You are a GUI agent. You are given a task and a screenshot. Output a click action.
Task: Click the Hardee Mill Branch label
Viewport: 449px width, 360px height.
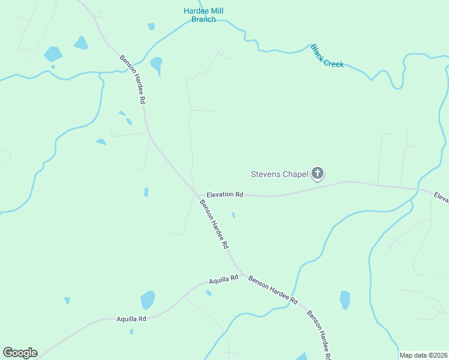tap(203, 15)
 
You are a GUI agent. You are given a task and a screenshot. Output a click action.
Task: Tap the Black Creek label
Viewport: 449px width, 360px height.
tap(327, 55)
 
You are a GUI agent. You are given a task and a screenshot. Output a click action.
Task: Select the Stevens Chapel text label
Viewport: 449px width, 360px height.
tap(279, 175)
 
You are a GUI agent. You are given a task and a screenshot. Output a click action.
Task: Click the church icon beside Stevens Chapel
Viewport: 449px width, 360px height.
tap(318, 175)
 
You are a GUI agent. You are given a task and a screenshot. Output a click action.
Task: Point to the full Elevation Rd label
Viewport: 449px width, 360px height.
tap(224, 194)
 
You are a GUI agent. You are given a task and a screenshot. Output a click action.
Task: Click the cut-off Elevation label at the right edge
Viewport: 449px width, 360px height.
tap(441, 197)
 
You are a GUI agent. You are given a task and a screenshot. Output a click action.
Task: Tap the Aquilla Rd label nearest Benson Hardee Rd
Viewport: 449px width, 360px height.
tap(224, 279)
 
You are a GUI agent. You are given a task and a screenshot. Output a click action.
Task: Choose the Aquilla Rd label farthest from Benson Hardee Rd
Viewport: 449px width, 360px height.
tap(131, 319)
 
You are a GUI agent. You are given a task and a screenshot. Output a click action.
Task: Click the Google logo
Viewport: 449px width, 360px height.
tap(20, 353)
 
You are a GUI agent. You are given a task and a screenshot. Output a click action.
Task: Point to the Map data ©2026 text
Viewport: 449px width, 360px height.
tap(423, 355)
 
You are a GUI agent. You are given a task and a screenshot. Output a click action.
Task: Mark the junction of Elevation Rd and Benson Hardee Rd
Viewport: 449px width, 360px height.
tap(197, 194)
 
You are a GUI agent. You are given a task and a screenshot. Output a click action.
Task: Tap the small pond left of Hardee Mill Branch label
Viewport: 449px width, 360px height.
tap(151, 26)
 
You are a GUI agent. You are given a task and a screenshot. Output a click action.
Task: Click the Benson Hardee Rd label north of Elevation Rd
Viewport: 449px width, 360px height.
tap(133, 80)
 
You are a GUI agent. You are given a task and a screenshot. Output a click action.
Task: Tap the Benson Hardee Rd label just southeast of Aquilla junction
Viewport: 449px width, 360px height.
tap(273, 289)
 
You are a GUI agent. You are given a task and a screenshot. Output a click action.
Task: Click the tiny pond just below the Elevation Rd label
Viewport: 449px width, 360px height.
tap(234, 214)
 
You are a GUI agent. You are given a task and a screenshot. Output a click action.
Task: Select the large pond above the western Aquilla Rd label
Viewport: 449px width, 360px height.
tap(147, 299)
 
